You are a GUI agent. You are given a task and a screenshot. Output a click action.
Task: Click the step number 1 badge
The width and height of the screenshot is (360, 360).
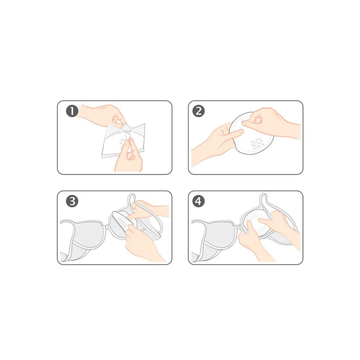pos(72,111)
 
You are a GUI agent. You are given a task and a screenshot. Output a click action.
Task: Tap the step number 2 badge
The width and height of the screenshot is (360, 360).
pos(199,111)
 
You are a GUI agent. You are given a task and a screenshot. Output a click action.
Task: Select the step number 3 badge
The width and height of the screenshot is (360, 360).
pos(72,201)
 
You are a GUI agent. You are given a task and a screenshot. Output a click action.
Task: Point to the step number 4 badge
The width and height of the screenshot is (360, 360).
pos(199,201)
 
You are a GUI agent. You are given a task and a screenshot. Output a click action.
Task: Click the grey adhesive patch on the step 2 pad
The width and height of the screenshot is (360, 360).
pos(256,144)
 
